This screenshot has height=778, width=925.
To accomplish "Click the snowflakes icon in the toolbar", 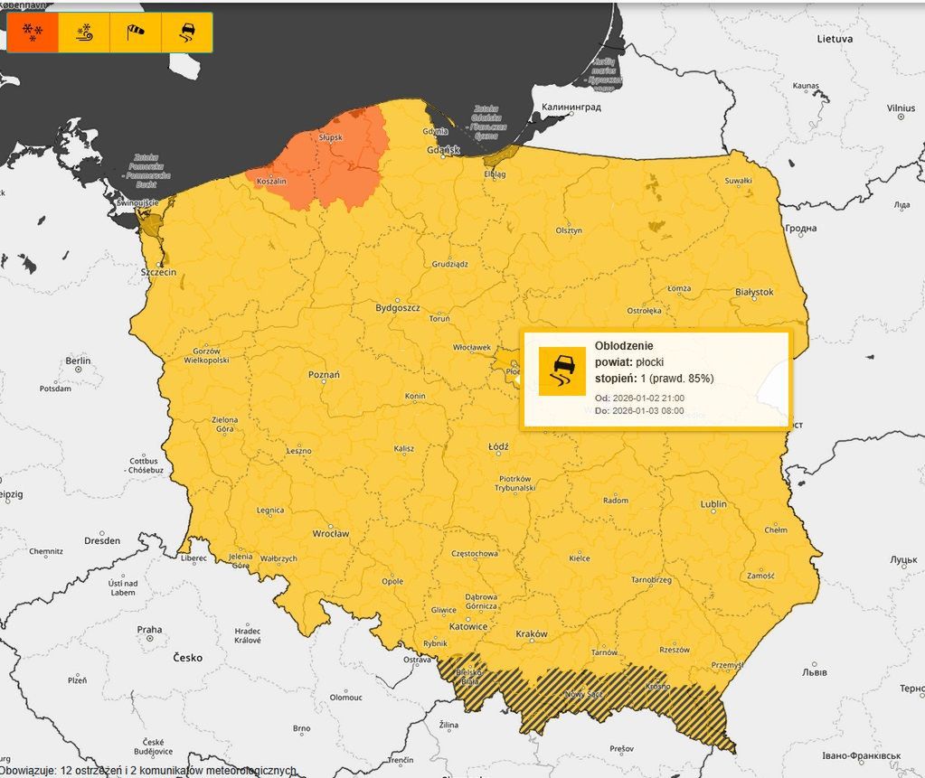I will [x=33, y=33].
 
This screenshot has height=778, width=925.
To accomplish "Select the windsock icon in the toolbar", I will [x=136, y=33].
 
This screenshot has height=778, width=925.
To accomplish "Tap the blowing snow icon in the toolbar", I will [x=84, y=33].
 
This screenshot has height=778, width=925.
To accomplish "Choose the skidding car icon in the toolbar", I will [x=187, y=33].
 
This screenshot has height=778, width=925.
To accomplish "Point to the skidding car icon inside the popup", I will [x=562, y=371].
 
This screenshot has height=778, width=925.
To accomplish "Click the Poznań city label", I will [x=324, y=374].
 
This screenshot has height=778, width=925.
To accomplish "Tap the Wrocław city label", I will [x=330, y=534].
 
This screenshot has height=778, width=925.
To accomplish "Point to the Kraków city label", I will [x=532, y=634].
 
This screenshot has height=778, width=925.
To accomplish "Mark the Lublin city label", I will [x=713, y=504].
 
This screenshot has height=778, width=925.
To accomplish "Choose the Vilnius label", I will [x=900, y=108].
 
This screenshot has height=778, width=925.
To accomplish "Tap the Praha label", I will [x=149, y=630].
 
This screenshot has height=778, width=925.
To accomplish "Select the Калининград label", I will [x=571, y=108].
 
